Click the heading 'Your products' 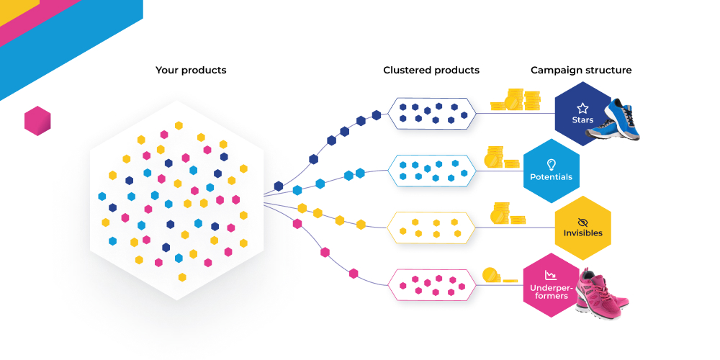[191, 71]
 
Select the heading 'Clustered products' [431, 71]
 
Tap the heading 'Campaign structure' [581, 71]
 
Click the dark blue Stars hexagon [582, 114]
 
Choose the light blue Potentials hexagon [551, 171]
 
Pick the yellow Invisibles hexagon [582, 228]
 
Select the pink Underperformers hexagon [551, 285]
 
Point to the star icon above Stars [582, 107]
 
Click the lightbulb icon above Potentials [552, 164]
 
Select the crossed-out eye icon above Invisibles [582, 222]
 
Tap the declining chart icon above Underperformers [551, 275]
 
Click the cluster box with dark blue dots [431, 112]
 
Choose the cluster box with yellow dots [431, 227]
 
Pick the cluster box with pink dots [431, 284]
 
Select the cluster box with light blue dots [431, 170]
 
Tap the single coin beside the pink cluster [490, 275]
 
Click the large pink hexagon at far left [37, 121]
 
